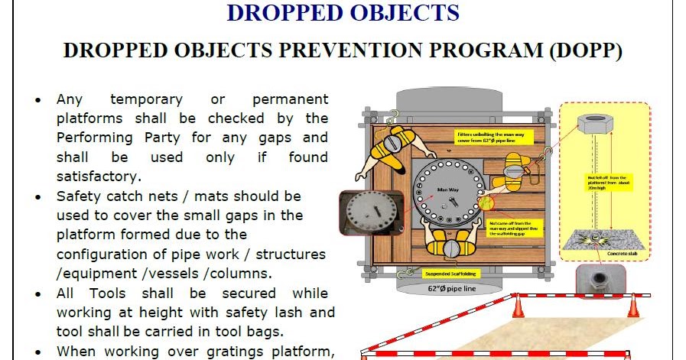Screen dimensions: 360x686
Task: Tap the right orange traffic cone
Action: (x=633, y=306)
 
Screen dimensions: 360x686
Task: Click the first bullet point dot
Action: (x=39, y=100)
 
